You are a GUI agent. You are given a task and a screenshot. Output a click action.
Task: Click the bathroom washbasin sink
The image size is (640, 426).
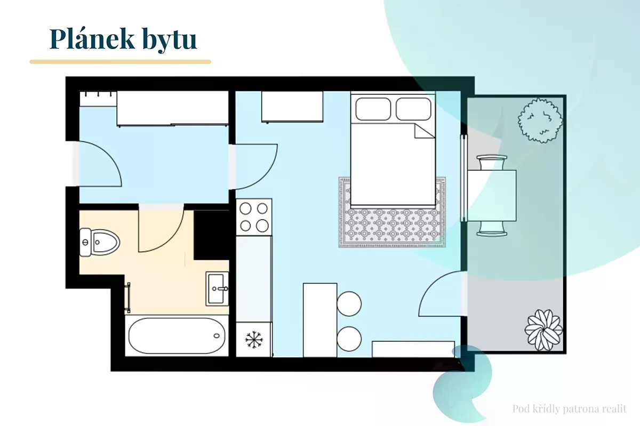coord(217,288)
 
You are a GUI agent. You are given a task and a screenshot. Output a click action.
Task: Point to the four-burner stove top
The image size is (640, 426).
coord(254,216)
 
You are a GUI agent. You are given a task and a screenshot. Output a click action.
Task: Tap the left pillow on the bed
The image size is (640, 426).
coord(373,108)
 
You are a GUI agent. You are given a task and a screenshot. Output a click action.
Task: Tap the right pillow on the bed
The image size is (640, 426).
coord(413,108)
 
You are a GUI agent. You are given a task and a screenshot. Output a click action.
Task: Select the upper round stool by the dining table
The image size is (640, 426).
coord(349,303)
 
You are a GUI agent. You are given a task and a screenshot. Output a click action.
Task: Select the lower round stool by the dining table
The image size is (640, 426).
coord(349,338)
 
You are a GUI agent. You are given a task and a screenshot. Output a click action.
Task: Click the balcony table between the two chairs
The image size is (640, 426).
coord(492,195)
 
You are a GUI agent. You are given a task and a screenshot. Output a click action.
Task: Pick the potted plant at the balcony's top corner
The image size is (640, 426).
coord(540,120)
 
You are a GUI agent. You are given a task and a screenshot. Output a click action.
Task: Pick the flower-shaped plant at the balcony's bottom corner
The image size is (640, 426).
coord(543,329)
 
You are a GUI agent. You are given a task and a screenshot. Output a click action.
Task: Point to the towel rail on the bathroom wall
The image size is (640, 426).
coord(127,298)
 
